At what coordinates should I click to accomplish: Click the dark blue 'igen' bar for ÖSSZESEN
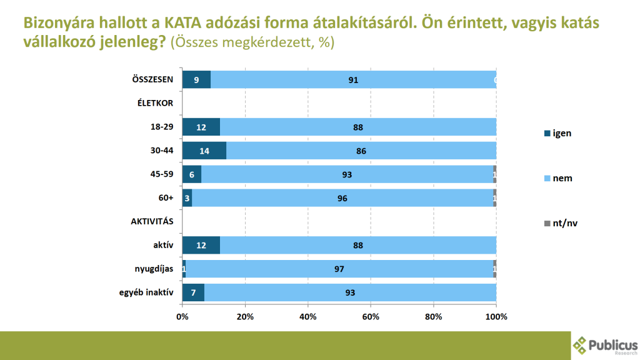pos(196,80)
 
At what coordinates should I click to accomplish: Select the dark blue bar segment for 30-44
pos(204,151)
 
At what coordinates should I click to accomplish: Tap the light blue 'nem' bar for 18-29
pos(358,127)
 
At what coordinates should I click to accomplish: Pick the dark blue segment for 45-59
pos(192,175)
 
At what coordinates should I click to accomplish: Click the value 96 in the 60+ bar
pos(341,199)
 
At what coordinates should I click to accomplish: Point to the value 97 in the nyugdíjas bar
pos(339,269)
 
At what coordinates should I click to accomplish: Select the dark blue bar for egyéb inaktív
pos(193,293)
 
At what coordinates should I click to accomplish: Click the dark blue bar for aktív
pos(201,246)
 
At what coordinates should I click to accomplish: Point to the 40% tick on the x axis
pos(308,317)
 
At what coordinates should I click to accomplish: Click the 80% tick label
pos(434,317)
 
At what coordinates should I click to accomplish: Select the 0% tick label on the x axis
pos(182,317)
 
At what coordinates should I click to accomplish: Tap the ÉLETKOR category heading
pos(155,104)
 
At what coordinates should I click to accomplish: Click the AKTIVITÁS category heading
pos(152,222)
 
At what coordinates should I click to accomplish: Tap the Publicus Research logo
pos(605,344)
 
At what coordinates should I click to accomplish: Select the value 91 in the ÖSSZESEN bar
pos(354,80)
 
